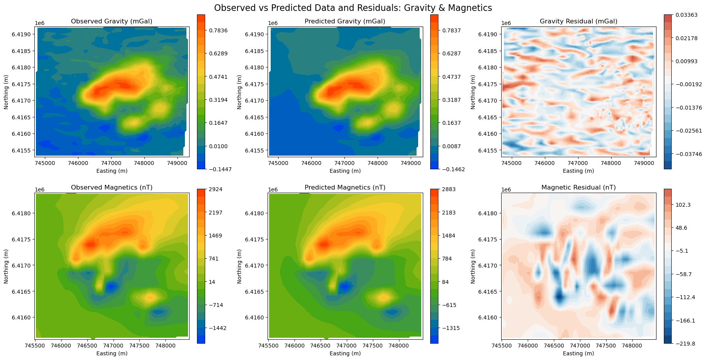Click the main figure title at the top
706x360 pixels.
(x=353, y=8)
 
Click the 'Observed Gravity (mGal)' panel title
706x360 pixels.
(x=112, y=21)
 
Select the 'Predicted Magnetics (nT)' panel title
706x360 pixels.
(x=345, y=188)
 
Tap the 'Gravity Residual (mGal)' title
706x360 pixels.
(x=578, y=21)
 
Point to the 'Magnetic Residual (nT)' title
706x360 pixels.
(x=578, y=188)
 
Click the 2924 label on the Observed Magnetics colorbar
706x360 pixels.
(x=215, y=190)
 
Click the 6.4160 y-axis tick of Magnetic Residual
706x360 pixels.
(x=488, y=317)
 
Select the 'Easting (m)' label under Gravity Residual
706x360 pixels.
(x=578, y=171)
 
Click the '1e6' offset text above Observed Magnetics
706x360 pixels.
(x=40, y=190)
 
